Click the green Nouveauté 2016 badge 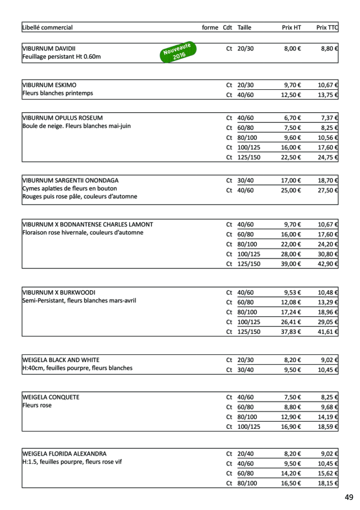176,52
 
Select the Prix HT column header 291,28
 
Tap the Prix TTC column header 327,28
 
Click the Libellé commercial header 47,28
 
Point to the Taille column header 244,28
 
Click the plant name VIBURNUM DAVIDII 49,48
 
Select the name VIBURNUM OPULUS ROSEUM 62,118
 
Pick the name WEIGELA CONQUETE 51,397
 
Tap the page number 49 349,497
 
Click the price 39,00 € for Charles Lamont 291,264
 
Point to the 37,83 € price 291,331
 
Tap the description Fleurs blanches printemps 58,93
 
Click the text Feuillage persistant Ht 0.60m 62,57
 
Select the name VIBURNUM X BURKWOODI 59,293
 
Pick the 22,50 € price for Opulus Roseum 291,157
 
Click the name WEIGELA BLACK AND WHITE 61,360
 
